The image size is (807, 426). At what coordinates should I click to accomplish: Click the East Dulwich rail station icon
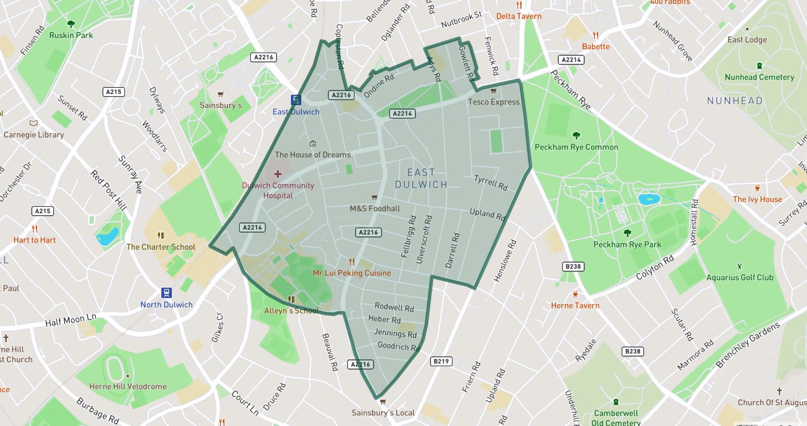coord(296,100)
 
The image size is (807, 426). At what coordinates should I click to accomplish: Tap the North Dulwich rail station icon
coord(166,293)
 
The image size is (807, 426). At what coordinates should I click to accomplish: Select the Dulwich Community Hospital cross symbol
coord(278,174)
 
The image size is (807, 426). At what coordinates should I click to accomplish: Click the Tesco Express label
coord(493,102)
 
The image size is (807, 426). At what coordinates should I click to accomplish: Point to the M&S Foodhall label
coord(375,209)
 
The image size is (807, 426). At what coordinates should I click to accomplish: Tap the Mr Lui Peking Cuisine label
coord(352,273)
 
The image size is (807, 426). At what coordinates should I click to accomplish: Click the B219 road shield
coord(441,361)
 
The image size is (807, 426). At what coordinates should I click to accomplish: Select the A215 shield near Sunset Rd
coord(114,92)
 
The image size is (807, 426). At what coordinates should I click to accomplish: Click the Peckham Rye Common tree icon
coord(576,135)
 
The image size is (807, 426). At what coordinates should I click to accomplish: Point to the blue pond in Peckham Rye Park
coord(649,199)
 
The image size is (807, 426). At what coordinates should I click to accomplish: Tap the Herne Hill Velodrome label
coord(128,386)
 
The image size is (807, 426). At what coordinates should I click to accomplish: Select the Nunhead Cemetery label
coord(759,77)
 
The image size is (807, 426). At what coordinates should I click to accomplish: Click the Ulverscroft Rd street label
coord(424,239)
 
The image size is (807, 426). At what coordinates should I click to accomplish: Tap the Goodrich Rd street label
coord(399,347)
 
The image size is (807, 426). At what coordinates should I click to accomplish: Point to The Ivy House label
coord(757,199)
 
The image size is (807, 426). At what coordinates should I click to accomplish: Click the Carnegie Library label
coord(34,135)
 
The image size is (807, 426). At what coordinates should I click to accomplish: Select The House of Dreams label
coord(312,155)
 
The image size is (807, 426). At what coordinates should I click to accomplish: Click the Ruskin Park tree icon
coord(71,24)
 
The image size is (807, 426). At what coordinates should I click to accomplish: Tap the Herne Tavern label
coord(575,305)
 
